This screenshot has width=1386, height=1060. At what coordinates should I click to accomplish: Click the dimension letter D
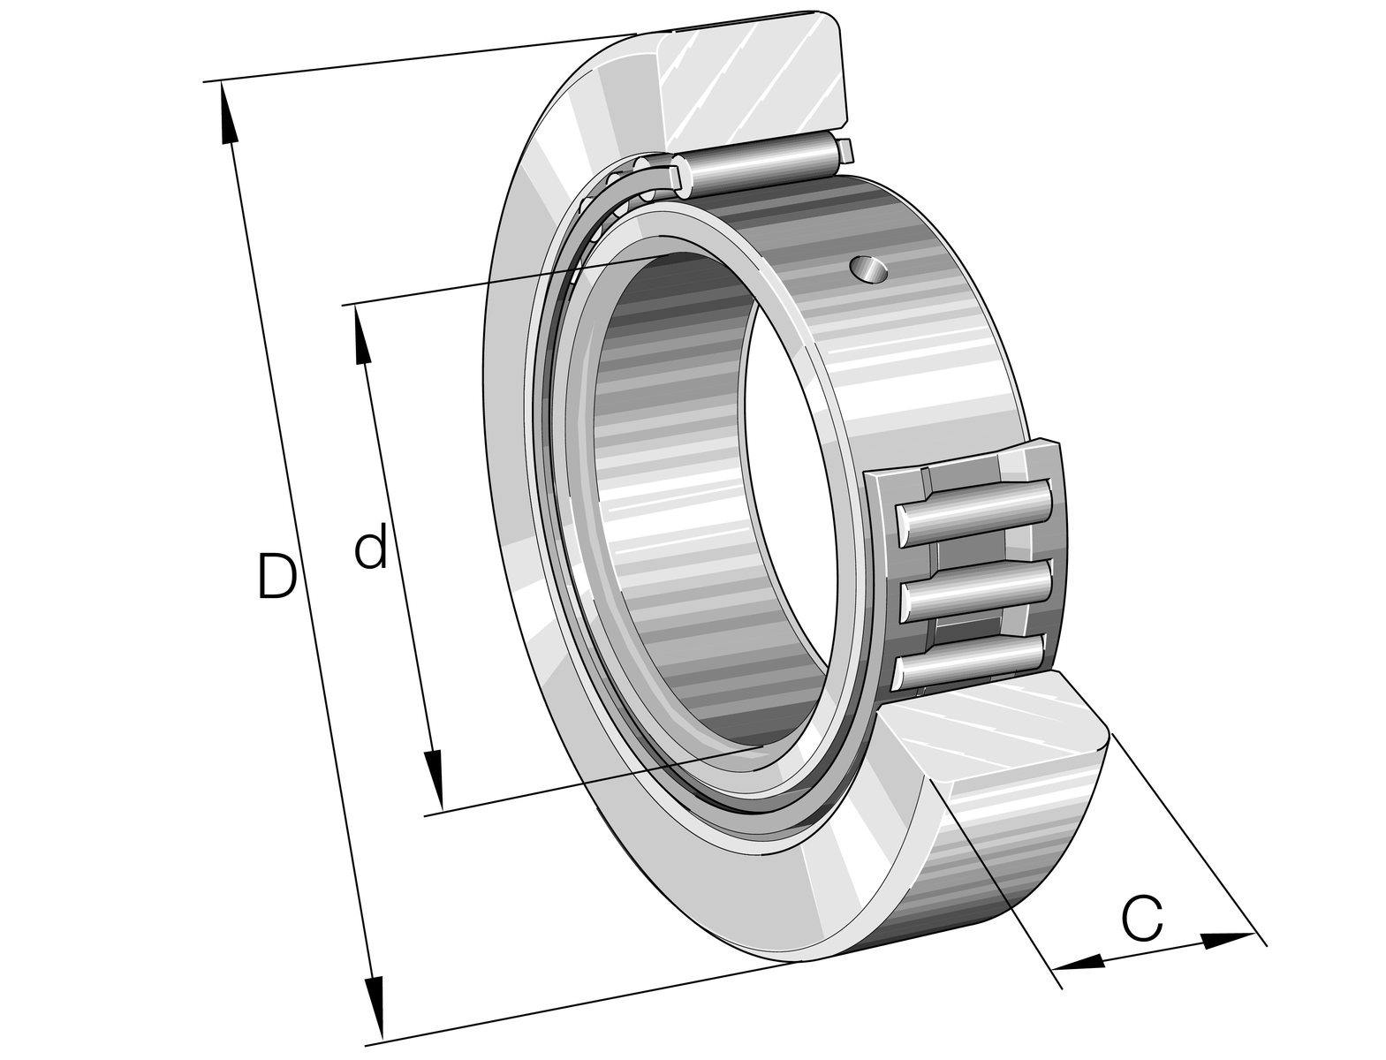[x=276, y=575]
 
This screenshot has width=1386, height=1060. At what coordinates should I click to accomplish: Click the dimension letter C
[x=1141, y=917]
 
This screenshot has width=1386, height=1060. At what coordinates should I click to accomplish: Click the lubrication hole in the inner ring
[x=869, y=270]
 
